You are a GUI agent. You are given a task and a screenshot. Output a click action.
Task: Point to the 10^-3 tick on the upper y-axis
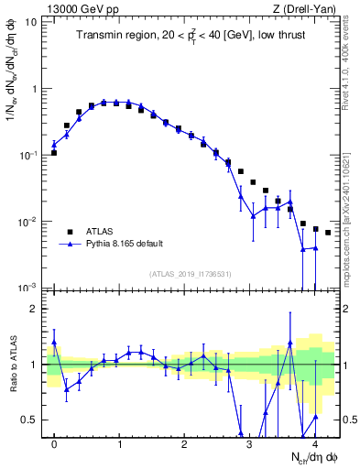(x=29, y=287)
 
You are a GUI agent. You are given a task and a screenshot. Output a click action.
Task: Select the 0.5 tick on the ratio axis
(x=31, y=420)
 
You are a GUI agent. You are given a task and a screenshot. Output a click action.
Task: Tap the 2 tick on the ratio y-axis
(x=36, y=309)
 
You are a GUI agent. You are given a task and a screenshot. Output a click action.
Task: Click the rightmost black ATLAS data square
(x=328, y=233)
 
